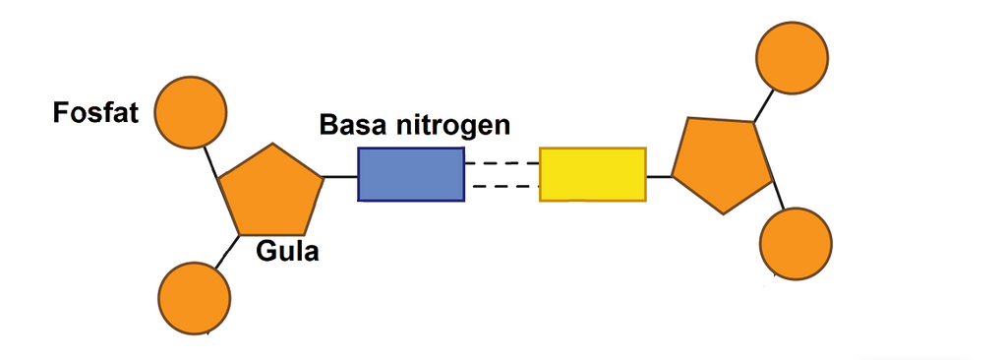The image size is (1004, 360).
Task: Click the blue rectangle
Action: [410, 174]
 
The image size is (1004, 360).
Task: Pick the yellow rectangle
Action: [592, 174]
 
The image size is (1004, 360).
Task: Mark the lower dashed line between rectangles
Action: [502, 186]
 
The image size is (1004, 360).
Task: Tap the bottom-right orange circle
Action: [797, 243]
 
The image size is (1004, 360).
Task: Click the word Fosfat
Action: [95, 114]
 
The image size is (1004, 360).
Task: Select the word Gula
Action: [287, 252]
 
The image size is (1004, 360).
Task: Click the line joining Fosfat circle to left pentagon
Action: [210, 161]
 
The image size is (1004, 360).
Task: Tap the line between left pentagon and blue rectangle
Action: [340, 177]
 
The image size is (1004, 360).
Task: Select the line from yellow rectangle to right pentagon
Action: [659, 177]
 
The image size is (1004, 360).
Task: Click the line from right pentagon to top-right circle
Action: [763, 105]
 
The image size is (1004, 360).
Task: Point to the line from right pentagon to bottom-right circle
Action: [776, 197]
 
